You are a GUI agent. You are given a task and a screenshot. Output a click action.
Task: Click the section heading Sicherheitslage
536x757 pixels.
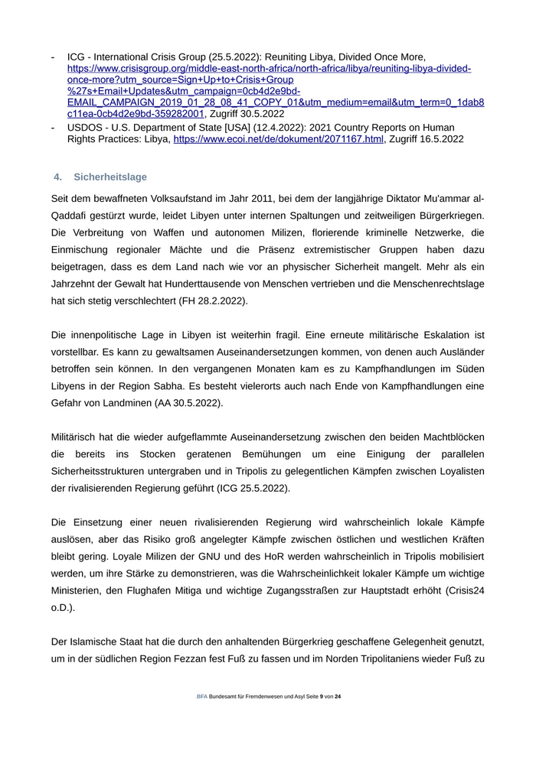110,177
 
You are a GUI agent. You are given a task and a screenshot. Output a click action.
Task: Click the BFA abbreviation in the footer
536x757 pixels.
201,697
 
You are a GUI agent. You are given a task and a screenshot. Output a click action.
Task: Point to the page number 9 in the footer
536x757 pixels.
322,697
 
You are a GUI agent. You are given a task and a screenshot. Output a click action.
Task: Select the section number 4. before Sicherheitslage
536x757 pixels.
57,177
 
